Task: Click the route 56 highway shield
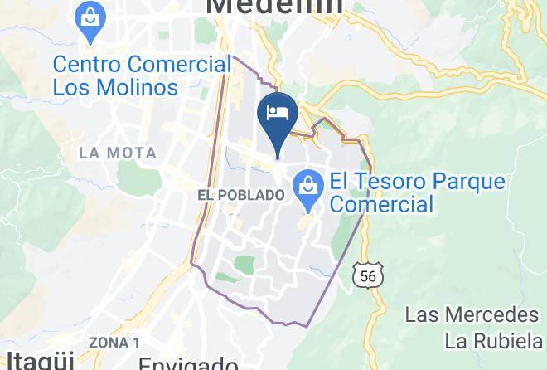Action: click(367, 275)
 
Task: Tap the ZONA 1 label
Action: click(114, 343)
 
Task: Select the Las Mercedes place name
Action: click(472, 315)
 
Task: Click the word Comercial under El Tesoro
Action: click(383, 204)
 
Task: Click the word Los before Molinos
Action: click(72, 86)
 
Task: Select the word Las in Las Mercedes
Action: click(420, 315)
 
